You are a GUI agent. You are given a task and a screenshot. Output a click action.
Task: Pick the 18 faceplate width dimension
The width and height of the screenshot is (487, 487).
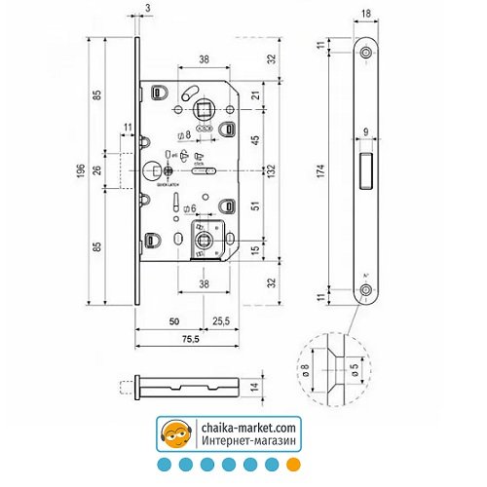[x=365, y=14]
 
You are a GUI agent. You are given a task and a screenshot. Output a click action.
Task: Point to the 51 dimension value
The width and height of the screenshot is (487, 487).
[x=256, y=206]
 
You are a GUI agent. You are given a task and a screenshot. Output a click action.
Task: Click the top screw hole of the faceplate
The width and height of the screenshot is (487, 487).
[x=365, y=51]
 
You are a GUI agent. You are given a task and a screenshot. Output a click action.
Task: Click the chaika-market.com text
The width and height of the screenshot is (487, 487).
[x=249, y=427]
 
